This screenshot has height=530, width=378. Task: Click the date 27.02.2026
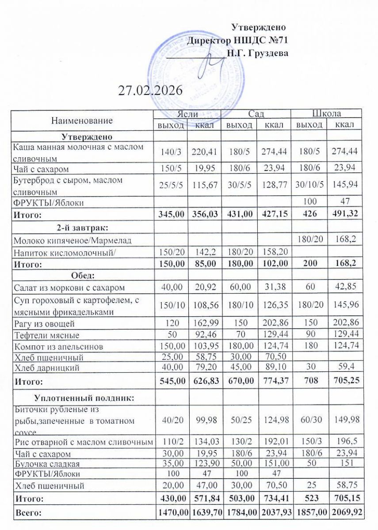(x=150, y=91)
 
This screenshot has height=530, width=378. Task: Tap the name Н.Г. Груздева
(x=257, y=53)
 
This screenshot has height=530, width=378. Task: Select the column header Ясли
(x=187, y=114)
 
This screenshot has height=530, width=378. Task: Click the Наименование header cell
(x=82, y=120)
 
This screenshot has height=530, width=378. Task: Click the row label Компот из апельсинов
(x=58, y=346)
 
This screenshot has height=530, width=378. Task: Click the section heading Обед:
(x=83, y=276)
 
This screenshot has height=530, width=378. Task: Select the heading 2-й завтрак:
(x=83, y=228)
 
